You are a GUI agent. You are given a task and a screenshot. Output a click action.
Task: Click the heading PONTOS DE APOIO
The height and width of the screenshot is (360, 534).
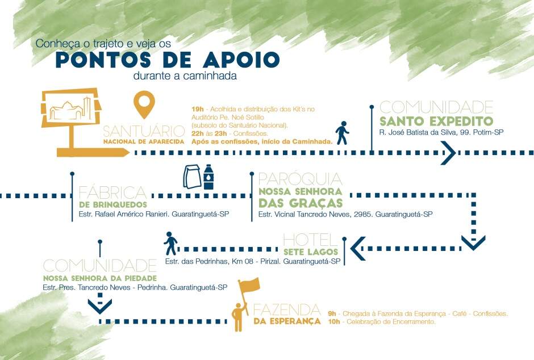[x=167, y=60]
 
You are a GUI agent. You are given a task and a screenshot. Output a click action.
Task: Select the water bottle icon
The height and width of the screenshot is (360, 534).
[x=209, y=177]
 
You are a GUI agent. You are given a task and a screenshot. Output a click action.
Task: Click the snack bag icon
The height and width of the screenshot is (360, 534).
[x=191, y=177]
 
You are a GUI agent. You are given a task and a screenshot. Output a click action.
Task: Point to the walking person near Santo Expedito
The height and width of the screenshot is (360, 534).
[x=342, y=132]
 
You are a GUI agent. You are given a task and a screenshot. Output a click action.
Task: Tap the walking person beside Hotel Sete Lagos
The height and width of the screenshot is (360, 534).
[x=170, y=244]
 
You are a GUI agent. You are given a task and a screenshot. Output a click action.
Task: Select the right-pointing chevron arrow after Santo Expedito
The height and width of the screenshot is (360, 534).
[x=448, y=152]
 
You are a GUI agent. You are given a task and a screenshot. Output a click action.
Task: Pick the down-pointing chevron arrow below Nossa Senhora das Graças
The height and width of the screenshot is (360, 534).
[x=473, y=242]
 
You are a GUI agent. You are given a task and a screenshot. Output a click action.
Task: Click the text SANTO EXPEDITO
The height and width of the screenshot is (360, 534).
[x=436, y=122]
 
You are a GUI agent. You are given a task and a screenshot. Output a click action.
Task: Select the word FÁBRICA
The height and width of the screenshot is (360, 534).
[x=112, y=193]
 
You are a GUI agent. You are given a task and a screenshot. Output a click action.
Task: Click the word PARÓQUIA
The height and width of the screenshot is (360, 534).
[x=300, y=179]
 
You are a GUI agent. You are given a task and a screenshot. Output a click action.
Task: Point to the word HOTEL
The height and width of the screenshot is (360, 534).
[x=310, y=240]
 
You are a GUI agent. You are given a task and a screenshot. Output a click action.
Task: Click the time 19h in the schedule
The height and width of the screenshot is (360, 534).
[x=197, y=108]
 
